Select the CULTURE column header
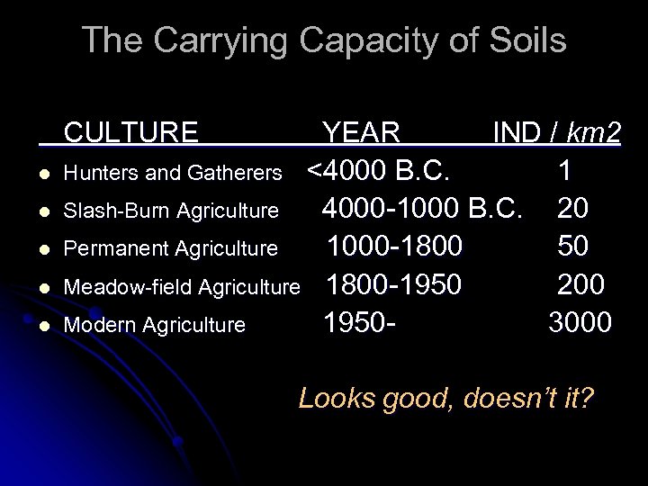[131, 133]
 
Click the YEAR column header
[362, 133]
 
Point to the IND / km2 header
[556, 133]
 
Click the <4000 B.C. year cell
[385, 170]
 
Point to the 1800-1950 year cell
[394, 284]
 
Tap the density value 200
[581, 284]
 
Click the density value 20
[574, 209]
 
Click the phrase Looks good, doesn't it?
[445, 398]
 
